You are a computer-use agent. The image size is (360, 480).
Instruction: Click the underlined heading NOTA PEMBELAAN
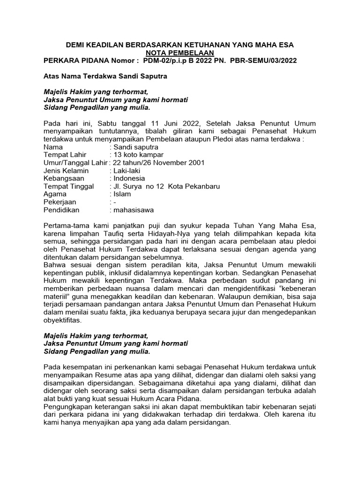(180, 53)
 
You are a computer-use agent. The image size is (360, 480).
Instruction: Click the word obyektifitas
(62, 321)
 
